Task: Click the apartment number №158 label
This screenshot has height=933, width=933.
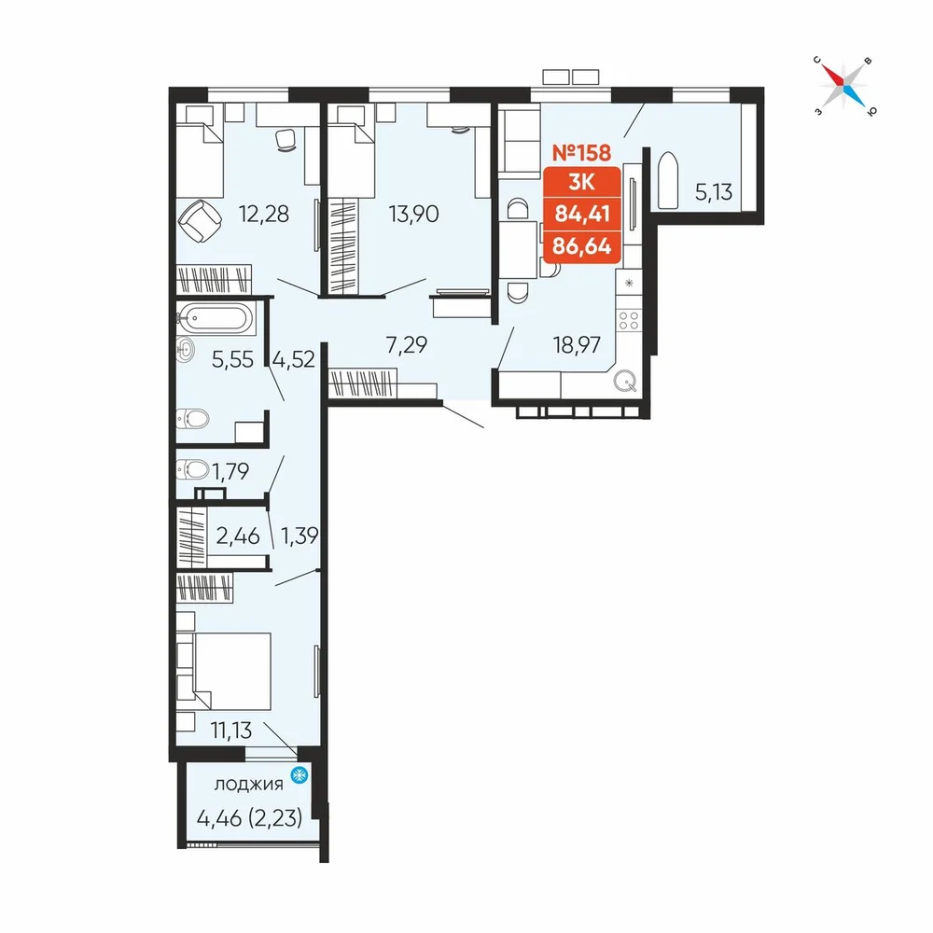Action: [x=581, y=152]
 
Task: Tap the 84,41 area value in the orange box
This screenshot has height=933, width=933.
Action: [x=582, y=213]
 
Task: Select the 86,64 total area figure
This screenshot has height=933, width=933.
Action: [x=582, y=245]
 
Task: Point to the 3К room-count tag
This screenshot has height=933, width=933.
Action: [x=581, y=182]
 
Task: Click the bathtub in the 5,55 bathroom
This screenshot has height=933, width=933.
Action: [x=216, y=318]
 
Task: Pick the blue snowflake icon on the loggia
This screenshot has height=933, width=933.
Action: [x=299, y=774]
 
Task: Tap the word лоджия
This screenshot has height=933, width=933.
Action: [x=248, y=785]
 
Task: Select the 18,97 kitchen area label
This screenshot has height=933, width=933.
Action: [x=577, y=344]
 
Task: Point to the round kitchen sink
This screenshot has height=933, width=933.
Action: [x=625, y=381]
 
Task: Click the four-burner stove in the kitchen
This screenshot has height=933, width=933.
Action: [x=628, y=320]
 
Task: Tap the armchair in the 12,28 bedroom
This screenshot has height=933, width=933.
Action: [x=200, y=220]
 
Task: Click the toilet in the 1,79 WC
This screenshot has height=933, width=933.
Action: [x=192, y=469]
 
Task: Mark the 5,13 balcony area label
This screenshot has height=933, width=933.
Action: [x=714, y=191]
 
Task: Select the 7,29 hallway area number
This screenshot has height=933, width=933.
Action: [x=407, y=344]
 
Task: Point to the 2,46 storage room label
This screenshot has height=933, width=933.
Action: [x=238, y=536]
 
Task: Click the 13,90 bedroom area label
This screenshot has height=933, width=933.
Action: [x=413, y=213]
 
